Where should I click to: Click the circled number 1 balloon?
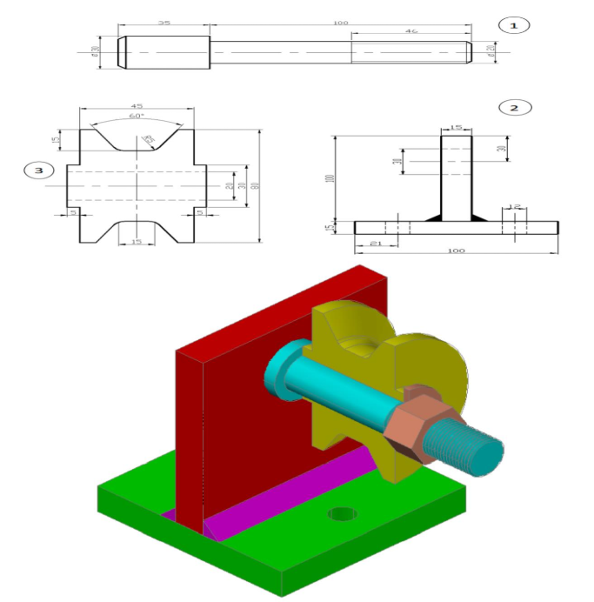(x=513, y=25)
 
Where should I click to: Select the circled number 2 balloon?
(x=514, y=108)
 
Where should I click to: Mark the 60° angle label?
(x=137, y=116)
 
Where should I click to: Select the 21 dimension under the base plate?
(x=376, y=244)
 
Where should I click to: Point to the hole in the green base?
(x=342, y=513)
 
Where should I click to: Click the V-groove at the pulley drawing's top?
(x=137, y=137)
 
